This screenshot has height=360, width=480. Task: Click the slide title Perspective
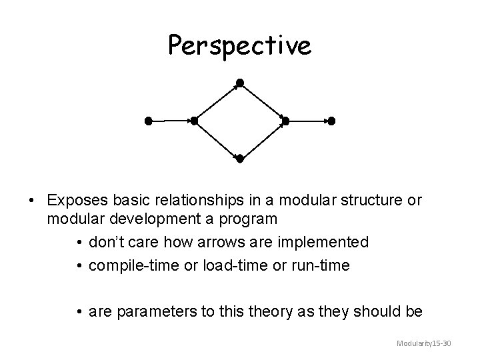pos(239,45)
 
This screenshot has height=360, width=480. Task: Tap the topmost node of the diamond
pos(240,83)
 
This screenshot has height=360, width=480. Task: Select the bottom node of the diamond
pos(240,159)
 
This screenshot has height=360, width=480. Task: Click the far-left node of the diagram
pos(149,121)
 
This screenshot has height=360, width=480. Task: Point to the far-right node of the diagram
pos(331,121)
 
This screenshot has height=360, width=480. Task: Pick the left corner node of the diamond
pos(194,121)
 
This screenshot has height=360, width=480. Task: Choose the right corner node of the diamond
pos(285,121)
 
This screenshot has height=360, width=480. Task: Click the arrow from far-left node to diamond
pos(171,121)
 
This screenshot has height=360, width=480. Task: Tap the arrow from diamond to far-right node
pos(308,121)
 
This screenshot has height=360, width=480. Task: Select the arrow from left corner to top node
pos(217,101)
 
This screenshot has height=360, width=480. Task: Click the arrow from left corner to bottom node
pos(217,140)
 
